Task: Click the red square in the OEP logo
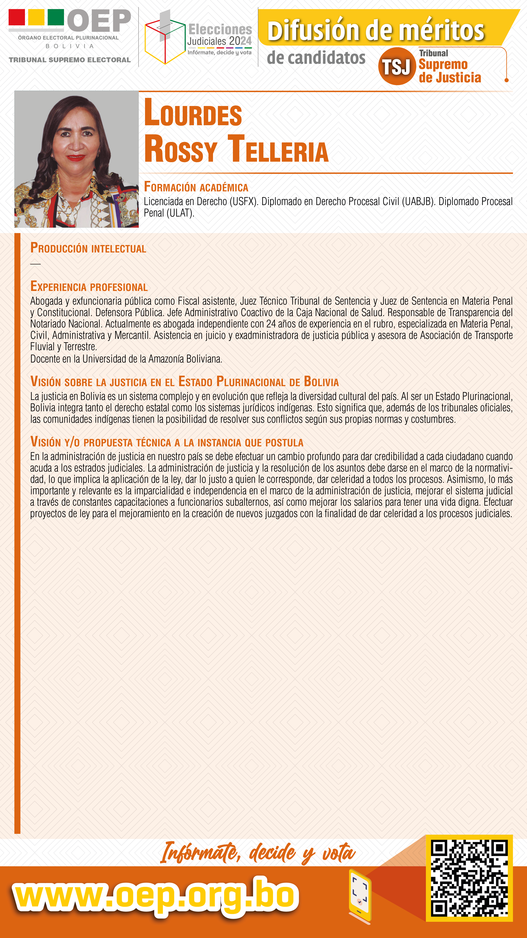[x=17, y=17]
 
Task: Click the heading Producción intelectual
[x=88, y=248]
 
